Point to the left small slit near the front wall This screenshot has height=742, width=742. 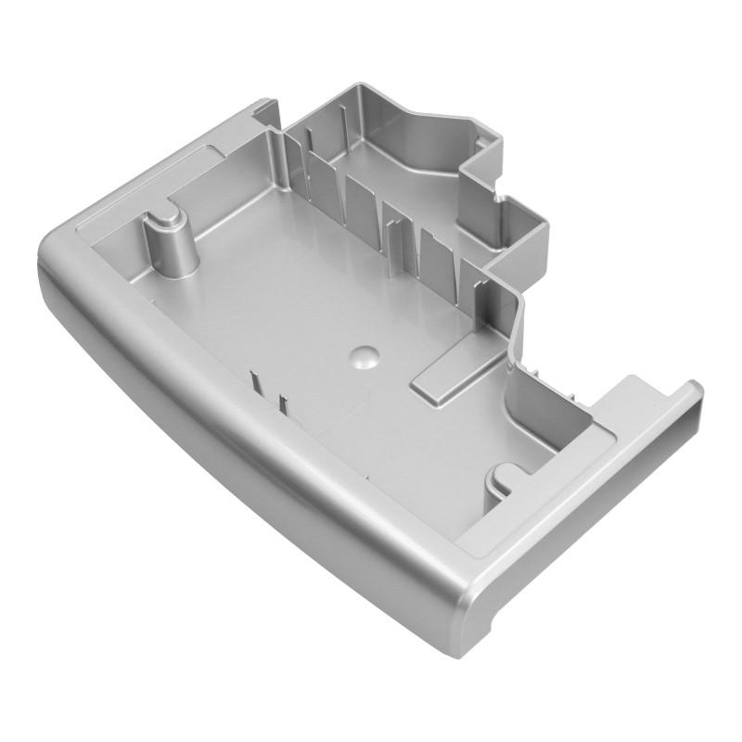coord(254,381)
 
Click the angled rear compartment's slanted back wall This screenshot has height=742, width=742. coord(436,130)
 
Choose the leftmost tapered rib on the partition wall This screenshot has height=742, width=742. coord(316,176)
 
